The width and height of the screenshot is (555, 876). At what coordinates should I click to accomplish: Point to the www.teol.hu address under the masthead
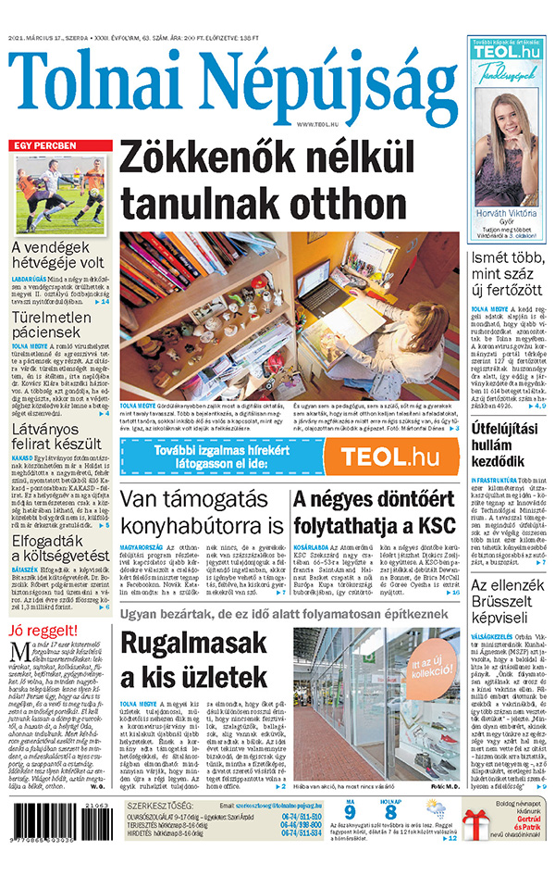coord(318,123)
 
